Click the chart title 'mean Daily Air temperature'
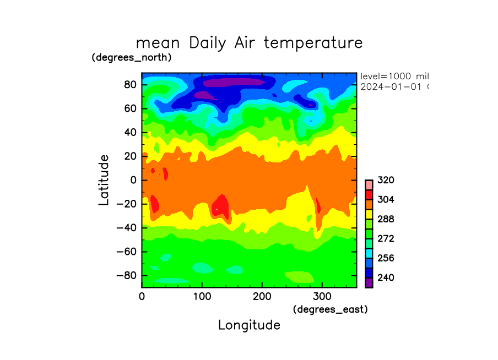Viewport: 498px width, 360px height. [x=249, y=42]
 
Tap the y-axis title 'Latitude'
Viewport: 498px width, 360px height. [x=104, y=180]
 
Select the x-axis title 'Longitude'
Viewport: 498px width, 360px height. [x=249, y=325]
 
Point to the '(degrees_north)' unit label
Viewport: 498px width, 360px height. [x=132, y=57]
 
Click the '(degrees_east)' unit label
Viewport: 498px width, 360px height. [x=330, y=309]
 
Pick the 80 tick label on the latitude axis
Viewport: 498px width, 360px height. [x=130, y=85]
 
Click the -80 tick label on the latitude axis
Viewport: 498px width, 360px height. [x=128, y=275]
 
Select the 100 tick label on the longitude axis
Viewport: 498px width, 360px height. [x=202, y=296]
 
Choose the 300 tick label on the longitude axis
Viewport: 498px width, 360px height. [x=321, y=296]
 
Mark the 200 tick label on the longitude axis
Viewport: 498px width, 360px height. [x=262, y=296]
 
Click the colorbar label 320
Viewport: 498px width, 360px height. [x=386, y=181]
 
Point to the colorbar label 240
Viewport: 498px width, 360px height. [x=386, y=278]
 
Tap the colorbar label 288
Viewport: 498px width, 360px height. [x=386, y=219]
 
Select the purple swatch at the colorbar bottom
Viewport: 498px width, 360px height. [x=369, y=282]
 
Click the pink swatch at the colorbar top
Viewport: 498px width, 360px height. [x=369, y=184]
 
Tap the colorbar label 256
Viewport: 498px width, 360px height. [x=386, y=258]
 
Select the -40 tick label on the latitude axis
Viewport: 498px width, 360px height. [x=128, y=228]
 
